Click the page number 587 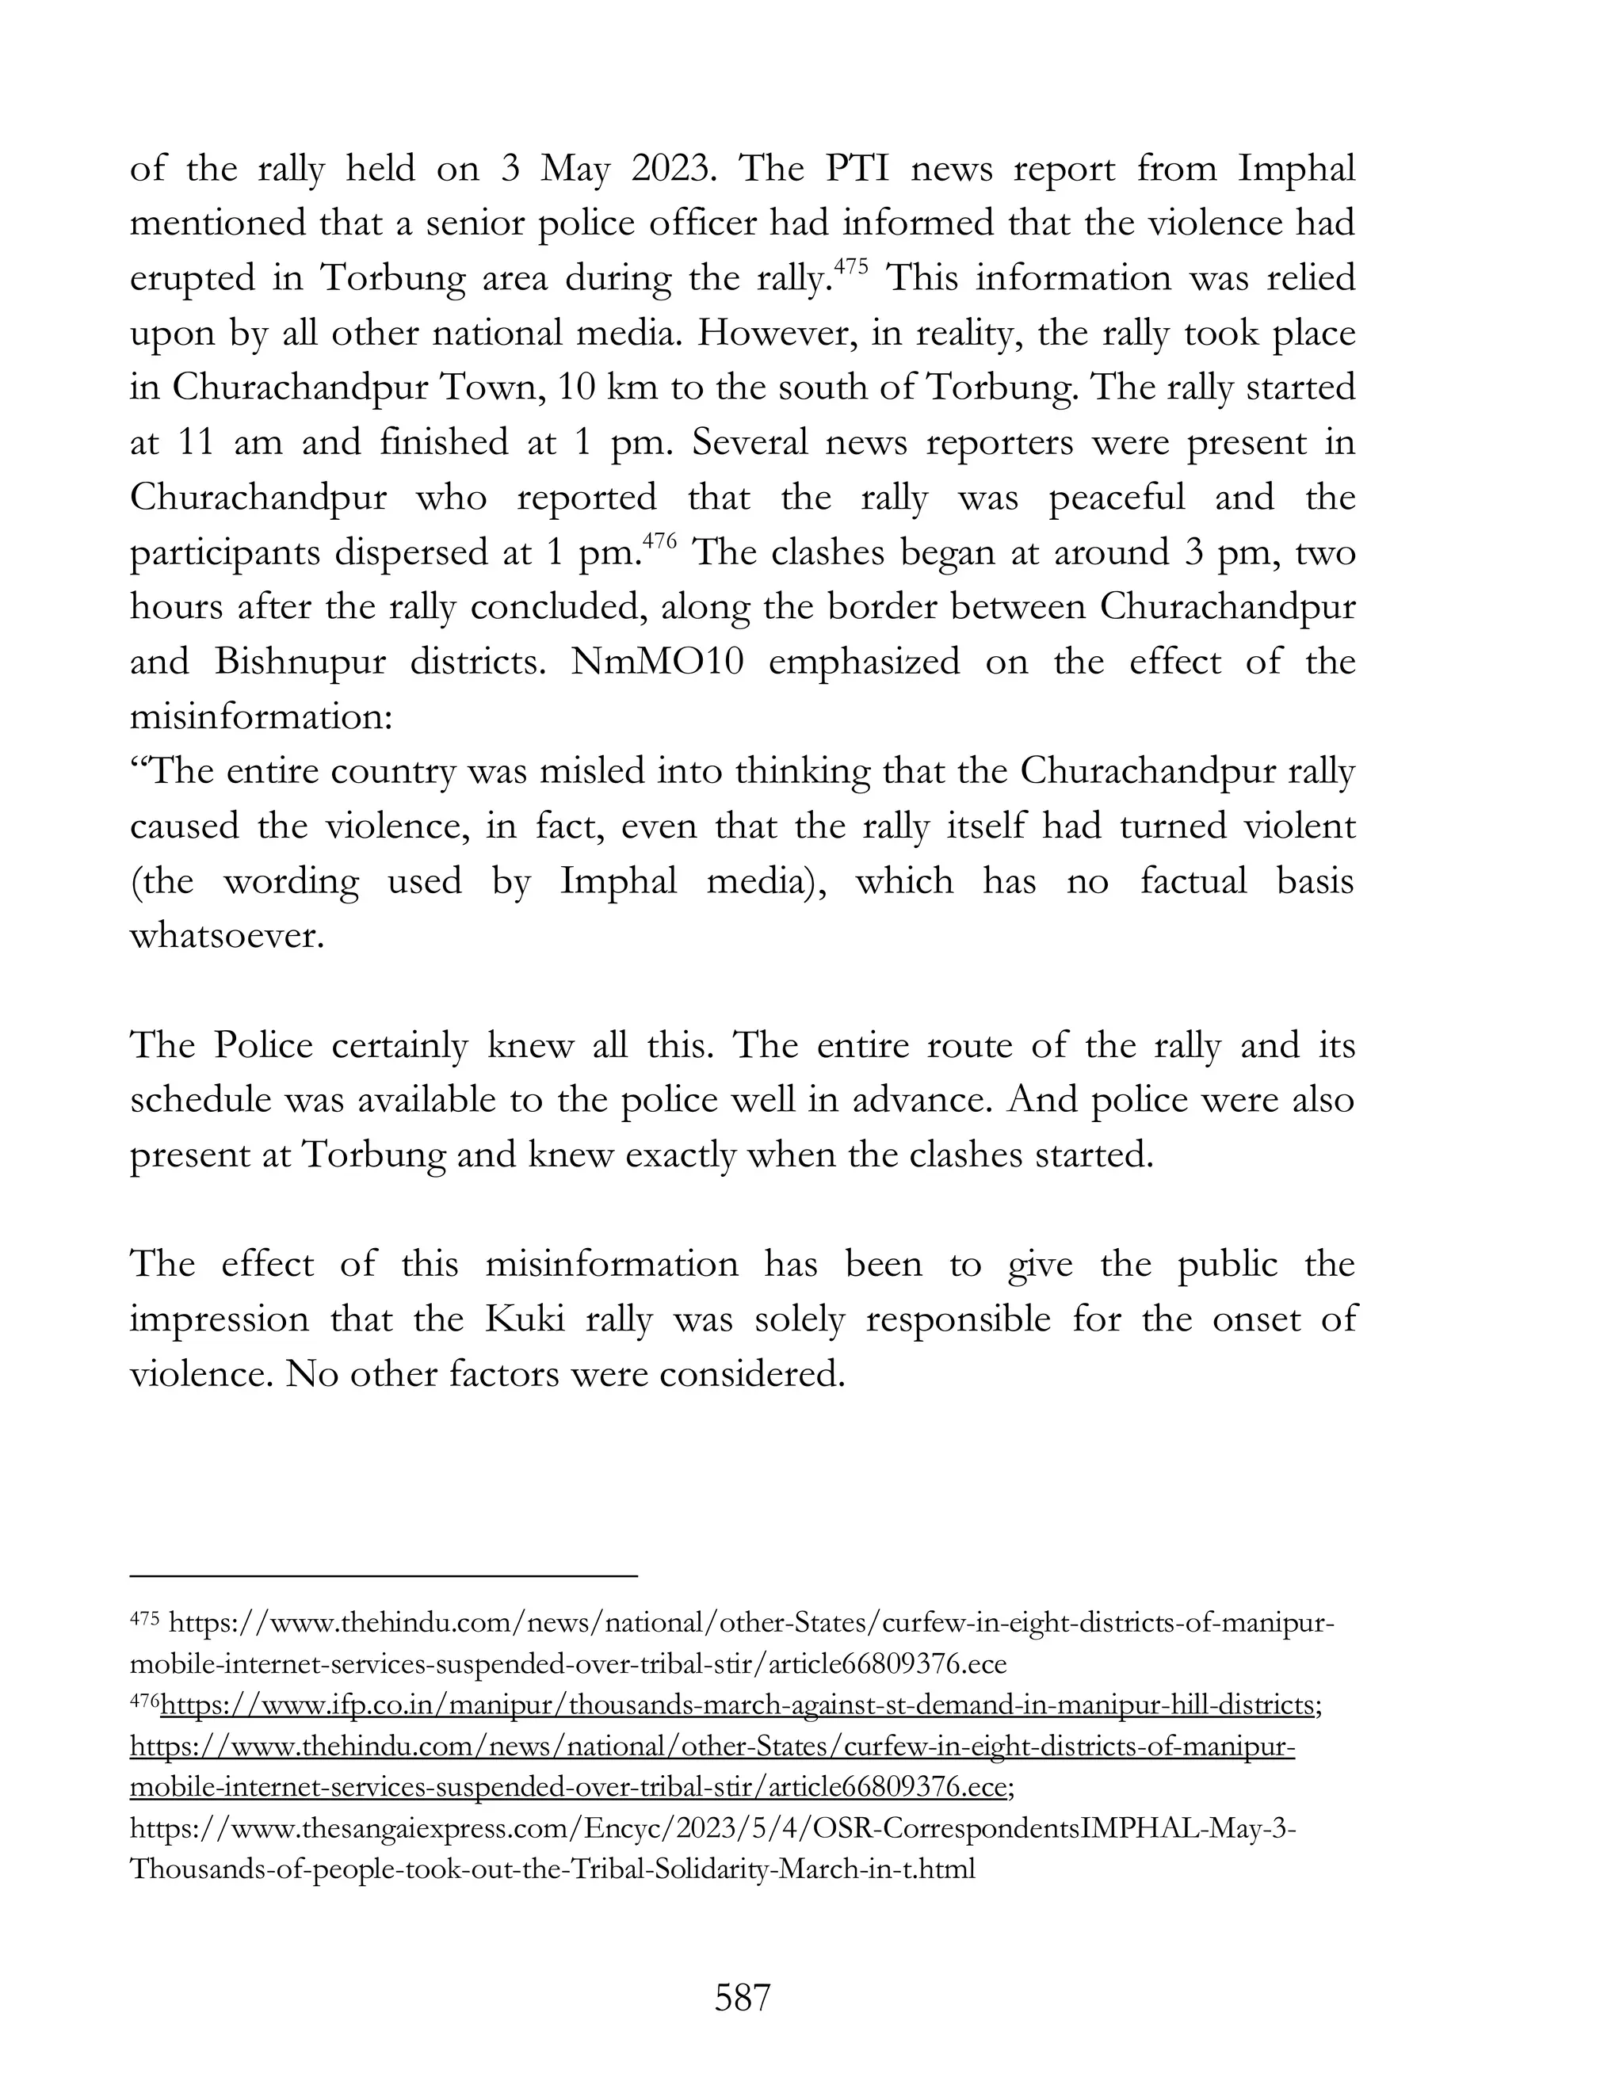coord(743,1997)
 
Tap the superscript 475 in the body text coord(851,267)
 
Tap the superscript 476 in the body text coord(661,541)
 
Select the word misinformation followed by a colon coord(261,717)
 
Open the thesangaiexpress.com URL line coord(712,1828)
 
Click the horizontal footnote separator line coord(384,1576)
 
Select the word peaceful coord(1117,498)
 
